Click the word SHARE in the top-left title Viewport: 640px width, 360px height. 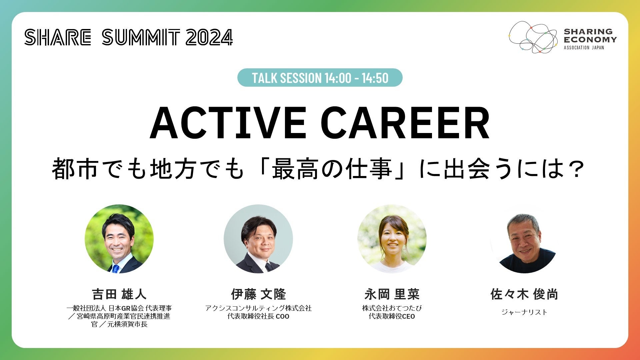pyautogui.click(x=58, y=37)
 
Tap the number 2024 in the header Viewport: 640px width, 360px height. pyautogui.click(x=209, y=37)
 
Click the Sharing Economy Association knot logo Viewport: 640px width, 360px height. pyautogui.click(x=533, y=37)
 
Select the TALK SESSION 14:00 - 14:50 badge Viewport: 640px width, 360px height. pyautogui.click(x=320, y=78)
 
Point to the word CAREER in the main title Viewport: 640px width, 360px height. pyautogui.click(x=407, y=123)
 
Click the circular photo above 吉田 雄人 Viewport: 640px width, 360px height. pyautogui.click(x=119, y=239)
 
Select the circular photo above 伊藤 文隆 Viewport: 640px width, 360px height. pyautogui.click(x=258, y=239)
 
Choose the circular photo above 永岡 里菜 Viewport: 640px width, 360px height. pyautogui.click(x=392, y=239)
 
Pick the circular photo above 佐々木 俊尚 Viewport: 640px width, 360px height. pyautogui.click(x=524, y=239)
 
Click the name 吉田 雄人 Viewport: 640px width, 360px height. pyautogui.click(x=119, y=294)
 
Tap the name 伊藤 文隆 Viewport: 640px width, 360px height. pyautogui.click(x=258, y=294)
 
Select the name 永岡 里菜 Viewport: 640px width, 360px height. pyautogui.click(x=392, y=294)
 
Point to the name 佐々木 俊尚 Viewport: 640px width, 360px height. pyautogui.click(x=524, y=294)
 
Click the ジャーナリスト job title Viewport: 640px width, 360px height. pyautogui.click(x=524, y=312)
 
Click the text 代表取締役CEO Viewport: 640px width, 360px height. pyautogui.click(x=392, y=316)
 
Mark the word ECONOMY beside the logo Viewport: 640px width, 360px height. pyautogui.click(x=590, y=39)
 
